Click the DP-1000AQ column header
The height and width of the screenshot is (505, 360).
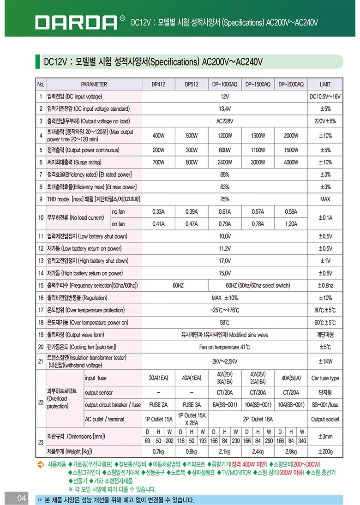[x=224, y=84]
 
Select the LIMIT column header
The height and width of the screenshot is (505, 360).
[x=325, y=84]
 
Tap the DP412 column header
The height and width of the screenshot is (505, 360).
[x=158, y=84]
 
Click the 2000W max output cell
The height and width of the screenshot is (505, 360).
[x=291, y=136]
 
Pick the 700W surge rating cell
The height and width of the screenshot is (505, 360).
[x=158, y=162]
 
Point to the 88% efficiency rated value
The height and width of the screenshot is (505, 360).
[x=225, y=174]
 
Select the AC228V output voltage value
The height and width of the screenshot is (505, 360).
[x=225, y=121]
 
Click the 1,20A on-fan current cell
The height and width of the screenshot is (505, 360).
[x=291, y=224]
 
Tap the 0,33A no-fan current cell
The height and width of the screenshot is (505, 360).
[x=158, y=211]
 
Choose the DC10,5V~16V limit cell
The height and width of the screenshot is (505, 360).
[x=325, y=97]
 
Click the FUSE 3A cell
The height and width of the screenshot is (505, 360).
[x=192, y=405]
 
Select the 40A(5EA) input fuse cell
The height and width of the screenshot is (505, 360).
[x=291, y=378]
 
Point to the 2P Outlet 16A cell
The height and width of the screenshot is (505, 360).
[x=258, y=419]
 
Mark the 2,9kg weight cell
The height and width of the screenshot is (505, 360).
[x=291, y=451]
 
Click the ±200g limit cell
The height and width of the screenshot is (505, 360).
[x=325, y=451]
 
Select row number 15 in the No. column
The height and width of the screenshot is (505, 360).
[x=41, y=286]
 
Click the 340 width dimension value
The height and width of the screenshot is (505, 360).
[x=302, y=440]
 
